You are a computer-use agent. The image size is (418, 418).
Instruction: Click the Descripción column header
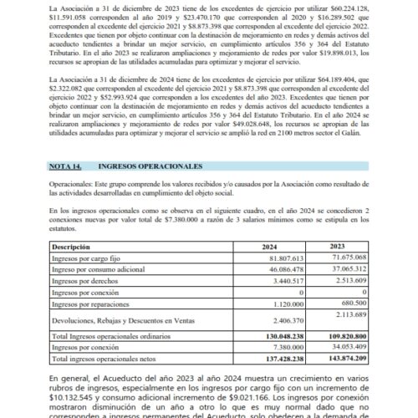click(73, 247)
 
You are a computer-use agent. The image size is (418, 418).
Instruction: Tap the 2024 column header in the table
click(268, 247)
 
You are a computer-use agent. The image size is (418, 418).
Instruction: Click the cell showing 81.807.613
click(278, 259)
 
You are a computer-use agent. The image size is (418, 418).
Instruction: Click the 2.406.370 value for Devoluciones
click(282, 320)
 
